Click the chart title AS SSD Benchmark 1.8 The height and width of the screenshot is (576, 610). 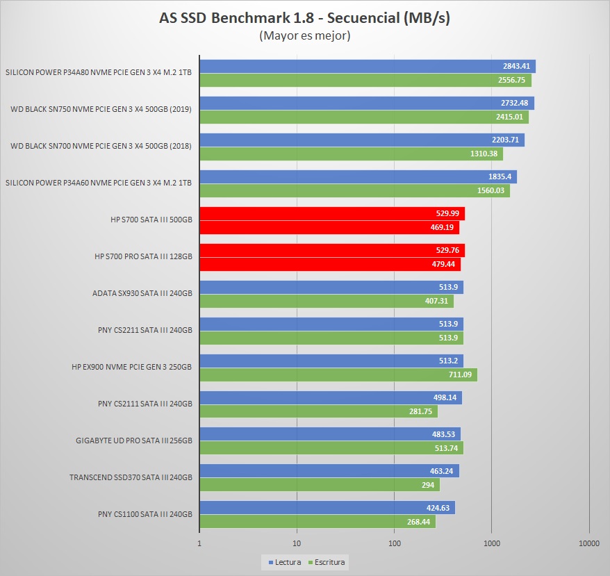click(304, 18)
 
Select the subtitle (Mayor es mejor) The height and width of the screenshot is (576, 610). click(304, 35)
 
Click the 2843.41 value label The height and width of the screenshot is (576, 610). click(516, 67)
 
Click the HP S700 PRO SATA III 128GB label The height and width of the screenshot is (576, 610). click(143, 256)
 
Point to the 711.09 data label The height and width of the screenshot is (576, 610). click(459, 375)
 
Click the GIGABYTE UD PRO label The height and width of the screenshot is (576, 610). click(133, 440)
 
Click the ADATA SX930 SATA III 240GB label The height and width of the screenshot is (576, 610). click(142, 293)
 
